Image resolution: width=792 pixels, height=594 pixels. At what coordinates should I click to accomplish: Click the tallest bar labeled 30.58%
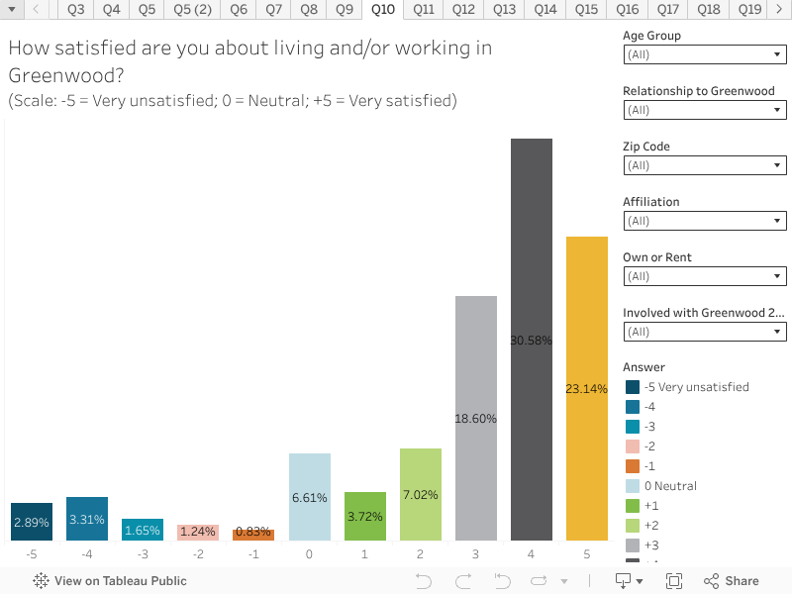pos(532,340)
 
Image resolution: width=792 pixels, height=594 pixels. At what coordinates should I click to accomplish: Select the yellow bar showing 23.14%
pos(587,388)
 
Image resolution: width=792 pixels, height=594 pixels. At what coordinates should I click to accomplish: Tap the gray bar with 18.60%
pos(476,418)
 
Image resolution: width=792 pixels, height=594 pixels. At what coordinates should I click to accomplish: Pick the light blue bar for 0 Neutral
pos(310,497)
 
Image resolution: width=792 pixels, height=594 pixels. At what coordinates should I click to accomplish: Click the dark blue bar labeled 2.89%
pos(32,521)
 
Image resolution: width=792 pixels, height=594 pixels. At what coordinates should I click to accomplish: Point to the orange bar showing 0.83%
pos(253,535)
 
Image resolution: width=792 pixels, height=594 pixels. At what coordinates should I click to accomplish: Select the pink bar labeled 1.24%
pos(198,533)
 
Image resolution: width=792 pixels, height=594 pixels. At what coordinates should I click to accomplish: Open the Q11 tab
pos(424,10)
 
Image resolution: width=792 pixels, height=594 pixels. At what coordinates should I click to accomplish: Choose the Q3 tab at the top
pos(76,10)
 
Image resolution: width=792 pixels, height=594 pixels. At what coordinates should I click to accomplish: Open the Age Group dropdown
pos(705,55)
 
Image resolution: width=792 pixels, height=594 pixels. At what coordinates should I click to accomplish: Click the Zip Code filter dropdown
pos(705,166)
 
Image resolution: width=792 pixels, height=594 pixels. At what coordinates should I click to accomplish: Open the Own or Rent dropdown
pos(705,277)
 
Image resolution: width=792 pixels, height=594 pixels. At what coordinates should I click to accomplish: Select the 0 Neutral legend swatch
pos(633,486)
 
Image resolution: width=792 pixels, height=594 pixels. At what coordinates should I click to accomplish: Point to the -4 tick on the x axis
pos(87,555)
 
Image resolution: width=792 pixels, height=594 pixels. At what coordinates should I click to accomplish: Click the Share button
pos(732,581)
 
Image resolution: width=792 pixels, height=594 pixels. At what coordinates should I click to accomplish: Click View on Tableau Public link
pos(97,581)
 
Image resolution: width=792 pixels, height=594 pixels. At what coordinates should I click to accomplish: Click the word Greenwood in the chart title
pos(47,75)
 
